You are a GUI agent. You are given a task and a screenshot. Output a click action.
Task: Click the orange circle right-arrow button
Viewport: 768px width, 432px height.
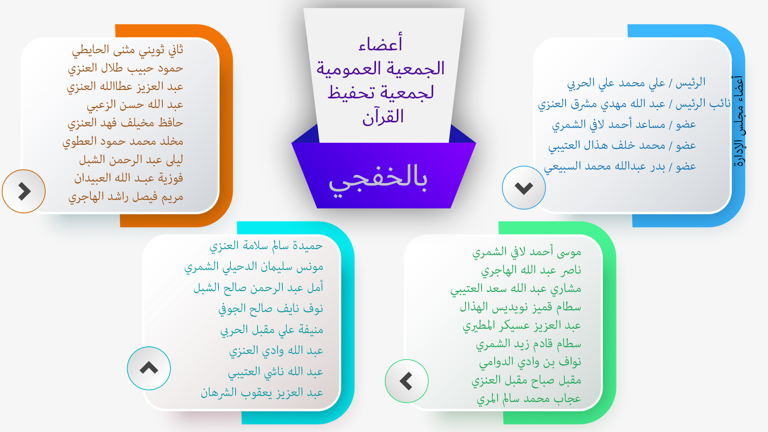24,191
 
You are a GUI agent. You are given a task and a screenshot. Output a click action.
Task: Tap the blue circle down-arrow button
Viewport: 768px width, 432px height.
524,188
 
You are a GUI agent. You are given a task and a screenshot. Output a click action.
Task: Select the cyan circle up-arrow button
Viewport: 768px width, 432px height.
149,368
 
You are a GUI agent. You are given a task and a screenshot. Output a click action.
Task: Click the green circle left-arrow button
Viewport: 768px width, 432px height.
406,381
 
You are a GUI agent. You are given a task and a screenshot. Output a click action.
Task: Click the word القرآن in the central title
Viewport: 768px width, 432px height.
383,116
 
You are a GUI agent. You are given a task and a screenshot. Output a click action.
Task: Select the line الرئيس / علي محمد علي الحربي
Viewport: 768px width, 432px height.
636,83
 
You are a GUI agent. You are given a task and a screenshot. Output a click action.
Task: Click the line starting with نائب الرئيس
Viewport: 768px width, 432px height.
634,104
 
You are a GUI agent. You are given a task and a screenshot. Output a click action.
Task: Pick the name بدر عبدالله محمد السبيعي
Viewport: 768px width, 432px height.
604,166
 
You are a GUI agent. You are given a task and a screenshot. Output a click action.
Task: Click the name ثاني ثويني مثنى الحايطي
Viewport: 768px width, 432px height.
128,50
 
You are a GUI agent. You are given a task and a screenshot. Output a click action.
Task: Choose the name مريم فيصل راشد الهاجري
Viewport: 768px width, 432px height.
126,197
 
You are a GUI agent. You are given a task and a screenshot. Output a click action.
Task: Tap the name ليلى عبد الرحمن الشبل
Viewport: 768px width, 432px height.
131,160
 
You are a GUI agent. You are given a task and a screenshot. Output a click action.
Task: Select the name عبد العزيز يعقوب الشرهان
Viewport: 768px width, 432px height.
262,393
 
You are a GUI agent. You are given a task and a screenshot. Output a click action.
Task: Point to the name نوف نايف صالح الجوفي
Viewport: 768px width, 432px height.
271,309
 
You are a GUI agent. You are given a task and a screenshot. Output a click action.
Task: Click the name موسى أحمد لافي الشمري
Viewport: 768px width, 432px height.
527,252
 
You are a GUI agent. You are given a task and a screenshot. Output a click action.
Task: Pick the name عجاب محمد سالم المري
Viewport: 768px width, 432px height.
529,399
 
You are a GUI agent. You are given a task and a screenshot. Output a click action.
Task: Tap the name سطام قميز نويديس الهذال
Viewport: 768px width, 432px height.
520,307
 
